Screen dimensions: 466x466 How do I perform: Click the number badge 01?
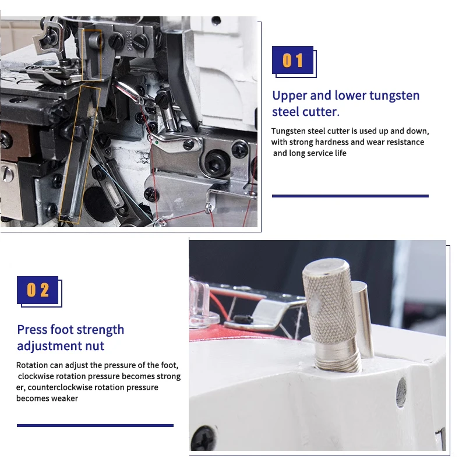pyautogui.click(x=293, y=60)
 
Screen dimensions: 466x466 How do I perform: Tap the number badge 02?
pyautogui.click(x=38, y=290)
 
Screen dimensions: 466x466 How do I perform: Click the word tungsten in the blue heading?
pyautogui.click(x=394, y=96)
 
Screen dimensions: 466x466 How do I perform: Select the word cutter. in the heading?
pyautogui.click(x=321, y=112)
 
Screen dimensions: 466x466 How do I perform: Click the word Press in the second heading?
pyautogui.click(x=32, y=330)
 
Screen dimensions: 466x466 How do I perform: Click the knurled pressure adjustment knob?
pyautogui.click(x=329, y=301)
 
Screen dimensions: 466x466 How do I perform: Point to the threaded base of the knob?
pyautogui.click(x=338, y=356)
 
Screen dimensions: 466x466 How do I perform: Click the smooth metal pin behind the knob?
pyautogui.click(x=363, y=318)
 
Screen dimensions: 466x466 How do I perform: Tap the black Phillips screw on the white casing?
pyautogui.click(x=203, y=438)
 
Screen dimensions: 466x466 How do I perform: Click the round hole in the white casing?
pyautogui.click(x=401, y=392)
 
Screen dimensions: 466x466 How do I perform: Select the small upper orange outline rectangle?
pyautogui.click(x=92, y=55)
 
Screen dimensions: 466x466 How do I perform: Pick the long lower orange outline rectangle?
pyautogui.click(x=80, y=154)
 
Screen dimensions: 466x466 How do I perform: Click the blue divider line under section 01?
pyautogui.click(x=350, y=196)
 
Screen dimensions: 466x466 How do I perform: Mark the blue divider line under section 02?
pyautogui.click(x=95, y=426)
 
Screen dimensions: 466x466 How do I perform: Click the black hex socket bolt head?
pyautogui.click(x=217, y=163)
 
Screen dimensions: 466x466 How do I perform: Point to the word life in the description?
pyautogui.click(x=341, y=153)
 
